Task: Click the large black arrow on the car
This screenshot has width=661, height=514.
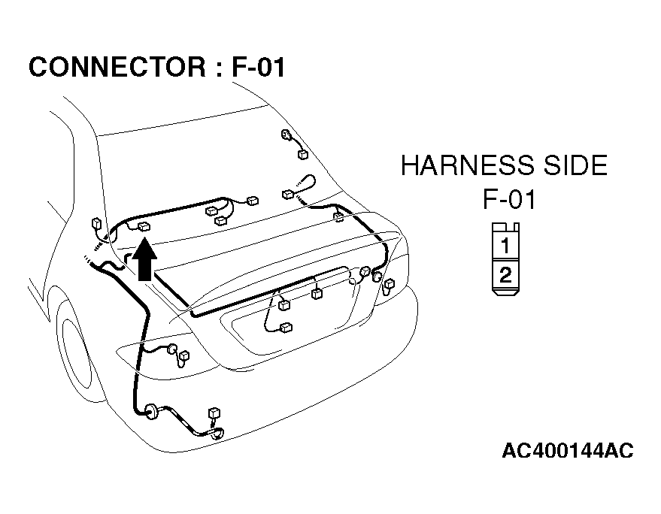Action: pos(144,260)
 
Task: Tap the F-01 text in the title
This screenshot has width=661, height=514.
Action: pos(259,67)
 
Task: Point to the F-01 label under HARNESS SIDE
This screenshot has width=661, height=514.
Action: pos(509,199)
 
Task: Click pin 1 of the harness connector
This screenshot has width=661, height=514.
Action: pos(505,245)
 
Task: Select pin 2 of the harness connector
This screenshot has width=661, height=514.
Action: pos(505,275)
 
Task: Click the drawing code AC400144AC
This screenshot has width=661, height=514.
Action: pos(568,450)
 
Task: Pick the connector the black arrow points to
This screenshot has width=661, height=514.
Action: pos(144,227)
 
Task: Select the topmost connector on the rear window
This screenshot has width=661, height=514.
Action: pos(287,135)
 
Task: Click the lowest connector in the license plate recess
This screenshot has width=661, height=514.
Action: pos(287,328)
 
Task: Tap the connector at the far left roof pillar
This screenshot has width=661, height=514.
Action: pos(96,223)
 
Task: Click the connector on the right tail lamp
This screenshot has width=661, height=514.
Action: pos(389,284)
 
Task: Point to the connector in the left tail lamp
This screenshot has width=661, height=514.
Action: pos(184,356)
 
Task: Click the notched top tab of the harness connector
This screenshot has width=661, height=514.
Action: pos(505,227)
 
